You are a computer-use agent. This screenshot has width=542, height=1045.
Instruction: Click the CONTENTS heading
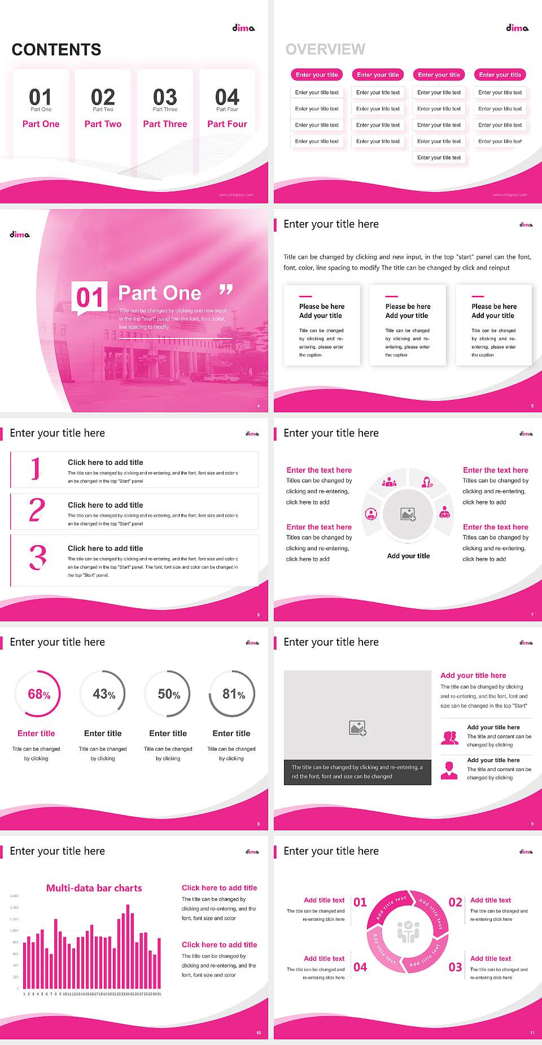tap(56, 50)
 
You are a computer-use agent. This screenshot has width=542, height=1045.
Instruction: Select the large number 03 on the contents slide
tap(165, 97)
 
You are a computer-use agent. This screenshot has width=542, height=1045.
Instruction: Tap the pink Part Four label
tap(227, 124)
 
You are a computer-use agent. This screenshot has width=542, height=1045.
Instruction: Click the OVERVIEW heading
tap(325, 50)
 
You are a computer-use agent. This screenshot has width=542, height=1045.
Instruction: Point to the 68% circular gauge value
tap(39, 694)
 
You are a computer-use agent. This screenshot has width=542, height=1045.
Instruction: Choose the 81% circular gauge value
tap(233, 694)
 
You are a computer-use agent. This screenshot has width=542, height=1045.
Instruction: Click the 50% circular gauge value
tap(169, 694)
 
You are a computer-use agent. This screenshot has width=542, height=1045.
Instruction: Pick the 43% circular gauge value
tap(104, 694)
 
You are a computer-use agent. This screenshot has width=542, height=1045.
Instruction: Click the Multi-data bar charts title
tap(94, 888)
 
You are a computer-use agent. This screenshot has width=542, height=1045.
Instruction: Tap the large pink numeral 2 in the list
tap(37, 510)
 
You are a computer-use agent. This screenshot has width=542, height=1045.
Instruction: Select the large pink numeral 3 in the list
tap(38, 558)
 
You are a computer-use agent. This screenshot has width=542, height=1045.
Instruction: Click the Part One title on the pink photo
tap(160, 293)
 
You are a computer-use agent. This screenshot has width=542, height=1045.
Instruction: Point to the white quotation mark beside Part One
tap(226, 290)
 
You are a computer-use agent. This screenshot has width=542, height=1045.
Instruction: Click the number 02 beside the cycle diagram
tap(455, 902)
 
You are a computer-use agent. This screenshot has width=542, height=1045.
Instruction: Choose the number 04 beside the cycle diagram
tap(360, 967)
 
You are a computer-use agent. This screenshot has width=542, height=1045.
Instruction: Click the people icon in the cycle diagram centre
tap(408, 932)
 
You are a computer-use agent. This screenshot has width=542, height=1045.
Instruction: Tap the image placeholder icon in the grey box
tap(358, 728)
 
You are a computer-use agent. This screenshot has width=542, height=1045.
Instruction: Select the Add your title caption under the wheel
tap(408, 556)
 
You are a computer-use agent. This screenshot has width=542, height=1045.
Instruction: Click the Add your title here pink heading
tap(473, 676)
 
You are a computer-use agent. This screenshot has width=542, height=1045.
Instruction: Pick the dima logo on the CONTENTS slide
tap(243, 28)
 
